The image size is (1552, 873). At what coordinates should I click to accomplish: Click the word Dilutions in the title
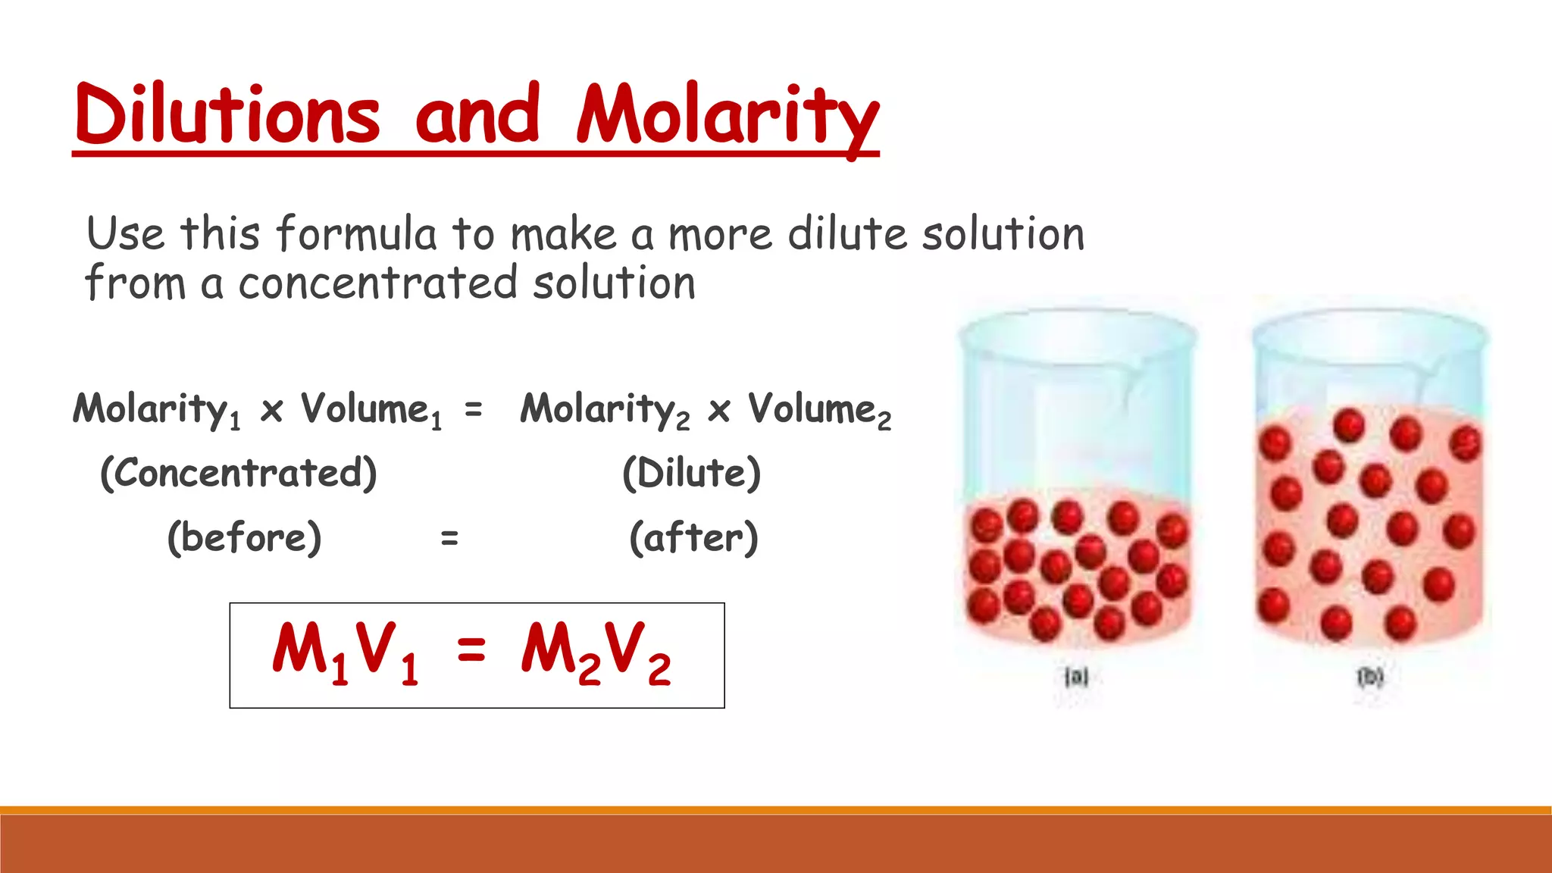pos(227,115)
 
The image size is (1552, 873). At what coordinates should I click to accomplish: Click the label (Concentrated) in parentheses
pos(239,473)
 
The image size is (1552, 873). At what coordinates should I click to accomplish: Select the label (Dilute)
pos(691,473)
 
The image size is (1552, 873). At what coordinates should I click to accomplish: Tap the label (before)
pos(244,537)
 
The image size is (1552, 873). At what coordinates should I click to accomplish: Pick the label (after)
pos(693,537)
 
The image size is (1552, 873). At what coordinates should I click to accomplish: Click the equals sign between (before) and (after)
pos(449,538)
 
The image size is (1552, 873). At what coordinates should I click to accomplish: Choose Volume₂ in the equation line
pos(819,410)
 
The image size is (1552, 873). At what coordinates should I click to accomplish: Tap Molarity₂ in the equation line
pos(605,410)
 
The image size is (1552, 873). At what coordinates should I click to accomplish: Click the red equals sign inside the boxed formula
pos(471,649)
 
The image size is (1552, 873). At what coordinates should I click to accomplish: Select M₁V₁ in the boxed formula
pos(346,652)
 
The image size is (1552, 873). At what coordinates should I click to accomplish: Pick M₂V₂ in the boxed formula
pos(596,652)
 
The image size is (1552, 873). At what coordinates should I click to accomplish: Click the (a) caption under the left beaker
pos(1076,676)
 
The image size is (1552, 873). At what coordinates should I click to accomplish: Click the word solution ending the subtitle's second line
pos(614,283)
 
